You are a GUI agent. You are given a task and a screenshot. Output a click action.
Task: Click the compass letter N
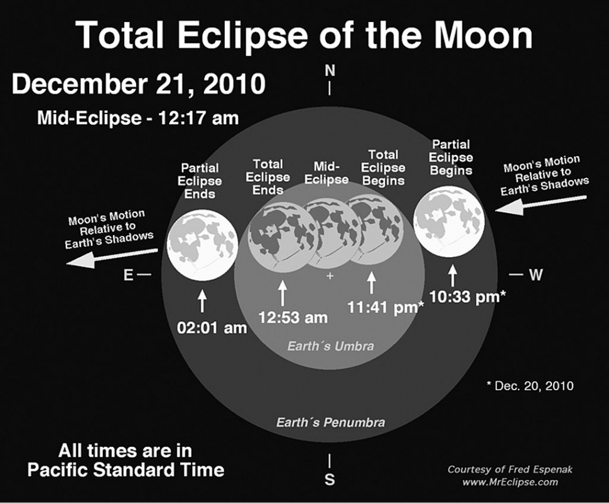click(x=330, y=71)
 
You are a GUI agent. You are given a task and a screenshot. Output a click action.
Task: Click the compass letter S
click(x=330, y=480)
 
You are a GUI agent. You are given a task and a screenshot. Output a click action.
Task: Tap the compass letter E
click(x=128, y=275)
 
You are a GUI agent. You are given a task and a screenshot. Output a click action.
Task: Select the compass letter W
click(x=536, y=275)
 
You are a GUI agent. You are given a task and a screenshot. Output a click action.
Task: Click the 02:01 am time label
click(x=212, y=328)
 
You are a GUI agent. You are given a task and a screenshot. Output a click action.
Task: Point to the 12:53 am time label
click(x=293, y=317)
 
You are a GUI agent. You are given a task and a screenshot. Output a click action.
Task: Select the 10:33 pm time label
click(x=467, y=297)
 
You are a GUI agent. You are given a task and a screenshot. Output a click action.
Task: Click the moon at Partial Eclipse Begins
click(x=450, y=221)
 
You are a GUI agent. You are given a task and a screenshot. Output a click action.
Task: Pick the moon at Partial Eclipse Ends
click(x=202, y=245)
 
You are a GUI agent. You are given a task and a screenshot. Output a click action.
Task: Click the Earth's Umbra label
click(x=330, y=346)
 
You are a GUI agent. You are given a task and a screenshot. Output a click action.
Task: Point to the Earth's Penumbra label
click(x=330, y=422)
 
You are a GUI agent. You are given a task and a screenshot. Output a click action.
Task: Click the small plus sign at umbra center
click(x=330, y=276)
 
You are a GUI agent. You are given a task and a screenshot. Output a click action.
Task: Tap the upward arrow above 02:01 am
click(x=202, y=300)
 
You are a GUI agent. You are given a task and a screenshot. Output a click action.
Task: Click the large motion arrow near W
click(x=541, y=204)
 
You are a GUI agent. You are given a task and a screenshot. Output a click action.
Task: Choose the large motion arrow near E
click(x=112, y=258)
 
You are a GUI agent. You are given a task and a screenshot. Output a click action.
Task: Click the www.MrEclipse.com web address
click(x=510, y=482)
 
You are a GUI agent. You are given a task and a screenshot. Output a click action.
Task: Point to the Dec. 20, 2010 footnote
click(x=530, y=386)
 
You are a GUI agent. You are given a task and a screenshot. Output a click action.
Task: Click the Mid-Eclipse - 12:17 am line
click(x=138, y=118)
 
